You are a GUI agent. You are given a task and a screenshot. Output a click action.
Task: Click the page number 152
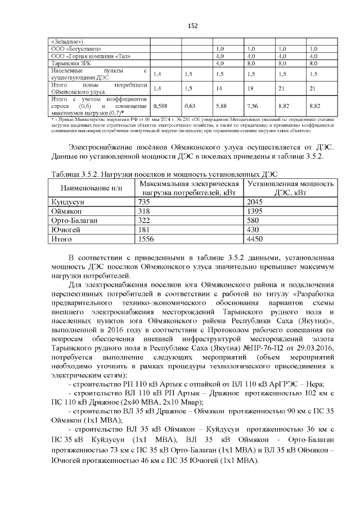179,26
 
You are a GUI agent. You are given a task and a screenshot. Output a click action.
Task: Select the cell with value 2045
255,201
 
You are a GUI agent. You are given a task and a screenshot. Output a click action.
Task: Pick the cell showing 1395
255,210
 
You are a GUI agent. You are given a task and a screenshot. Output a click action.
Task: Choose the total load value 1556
146,238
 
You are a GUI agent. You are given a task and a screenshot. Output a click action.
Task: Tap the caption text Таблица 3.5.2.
79,174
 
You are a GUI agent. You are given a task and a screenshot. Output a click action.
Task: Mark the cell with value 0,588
160,105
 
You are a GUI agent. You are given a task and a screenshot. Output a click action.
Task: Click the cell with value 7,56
253,105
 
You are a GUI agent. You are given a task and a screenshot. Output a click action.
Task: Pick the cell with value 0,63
190,105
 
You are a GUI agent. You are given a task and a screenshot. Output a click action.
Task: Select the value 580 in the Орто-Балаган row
254,220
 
